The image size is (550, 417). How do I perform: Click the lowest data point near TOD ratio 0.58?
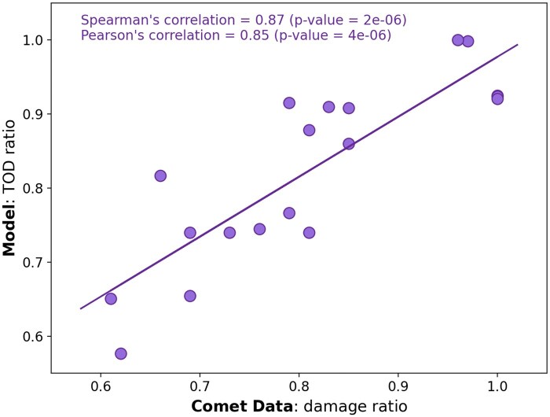coord(121,354)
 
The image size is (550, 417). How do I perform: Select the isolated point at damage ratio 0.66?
coord(160,175)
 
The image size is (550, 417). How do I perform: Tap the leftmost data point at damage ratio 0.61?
coord(111,299)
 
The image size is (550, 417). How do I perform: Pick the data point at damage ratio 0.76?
coord(259,229)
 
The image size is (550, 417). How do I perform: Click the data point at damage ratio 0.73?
coord(229,233)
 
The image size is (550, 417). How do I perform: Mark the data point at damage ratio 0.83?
coord(328,107)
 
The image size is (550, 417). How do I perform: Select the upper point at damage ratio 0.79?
coord(289,103)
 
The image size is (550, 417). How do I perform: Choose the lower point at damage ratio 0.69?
coord(190,296)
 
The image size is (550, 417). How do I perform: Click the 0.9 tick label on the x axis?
coord(398,388)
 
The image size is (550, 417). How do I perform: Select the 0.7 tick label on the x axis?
coord(200,388)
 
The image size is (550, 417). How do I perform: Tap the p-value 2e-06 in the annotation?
coord(382,20)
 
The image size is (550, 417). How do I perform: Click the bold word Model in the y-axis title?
coord(10,230)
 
